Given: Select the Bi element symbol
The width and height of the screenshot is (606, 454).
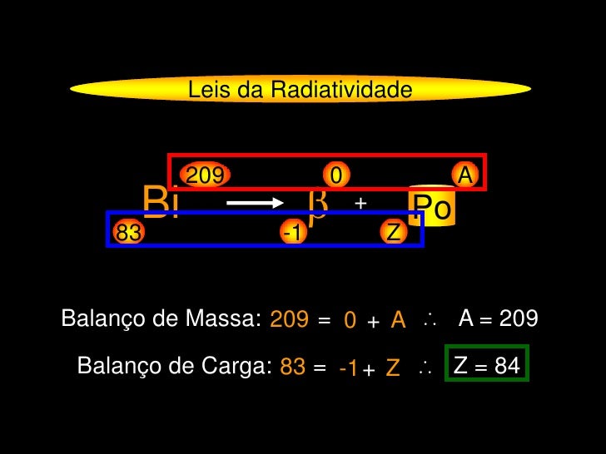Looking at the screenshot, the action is tap(161, 201).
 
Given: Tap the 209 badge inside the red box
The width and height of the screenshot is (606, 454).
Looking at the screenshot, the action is tap(204, 175).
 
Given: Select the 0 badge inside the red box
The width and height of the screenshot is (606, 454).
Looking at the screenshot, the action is tap(335, 175).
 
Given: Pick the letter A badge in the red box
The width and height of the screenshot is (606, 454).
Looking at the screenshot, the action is tap(465, 175).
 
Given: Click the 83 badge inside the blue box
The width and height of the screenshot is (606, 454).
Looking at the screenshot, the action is tap(128, 233).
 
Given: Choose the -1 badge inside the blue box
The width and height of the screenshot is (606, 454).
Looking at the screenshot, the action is tap(291, 233).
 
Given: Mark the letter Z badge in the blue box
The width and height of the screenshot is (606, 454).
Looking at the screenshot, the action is tap(394, 233).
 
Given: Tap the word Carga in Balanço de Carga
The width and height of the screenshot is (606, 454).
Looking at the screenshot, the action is tap(239, 366).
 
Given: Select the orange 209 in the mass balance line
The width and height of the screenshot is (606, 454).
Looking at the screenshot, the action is tap(289, 319).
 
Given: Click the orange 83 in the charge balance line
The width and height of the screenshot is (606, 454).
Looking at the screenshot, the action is tap(292, 367).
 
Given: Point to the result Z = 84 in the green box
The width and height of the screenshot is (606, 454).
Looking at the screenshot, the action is tap(487, 364).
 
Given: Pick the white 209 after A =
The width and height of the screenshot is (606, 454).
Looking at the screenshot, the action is tap(519, 318).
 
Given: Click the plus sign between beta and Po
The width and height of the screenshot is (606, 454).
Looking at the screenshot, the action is tap(360, 203).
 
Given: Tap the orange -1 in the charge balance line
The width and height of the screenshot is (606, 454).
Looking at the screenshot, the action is tap(349, 368).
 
